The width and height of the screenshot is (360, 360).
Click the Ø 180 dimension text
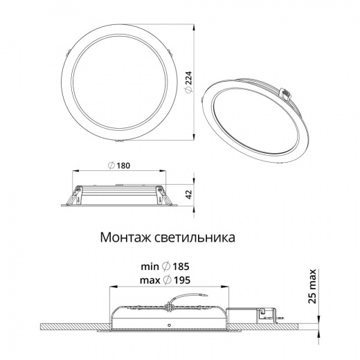[118, 165]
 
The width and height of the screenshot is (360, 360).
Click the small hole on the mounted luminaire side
[169, 325]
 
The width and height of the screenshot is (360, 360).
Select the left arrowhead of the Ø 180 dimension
[74, 172]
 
